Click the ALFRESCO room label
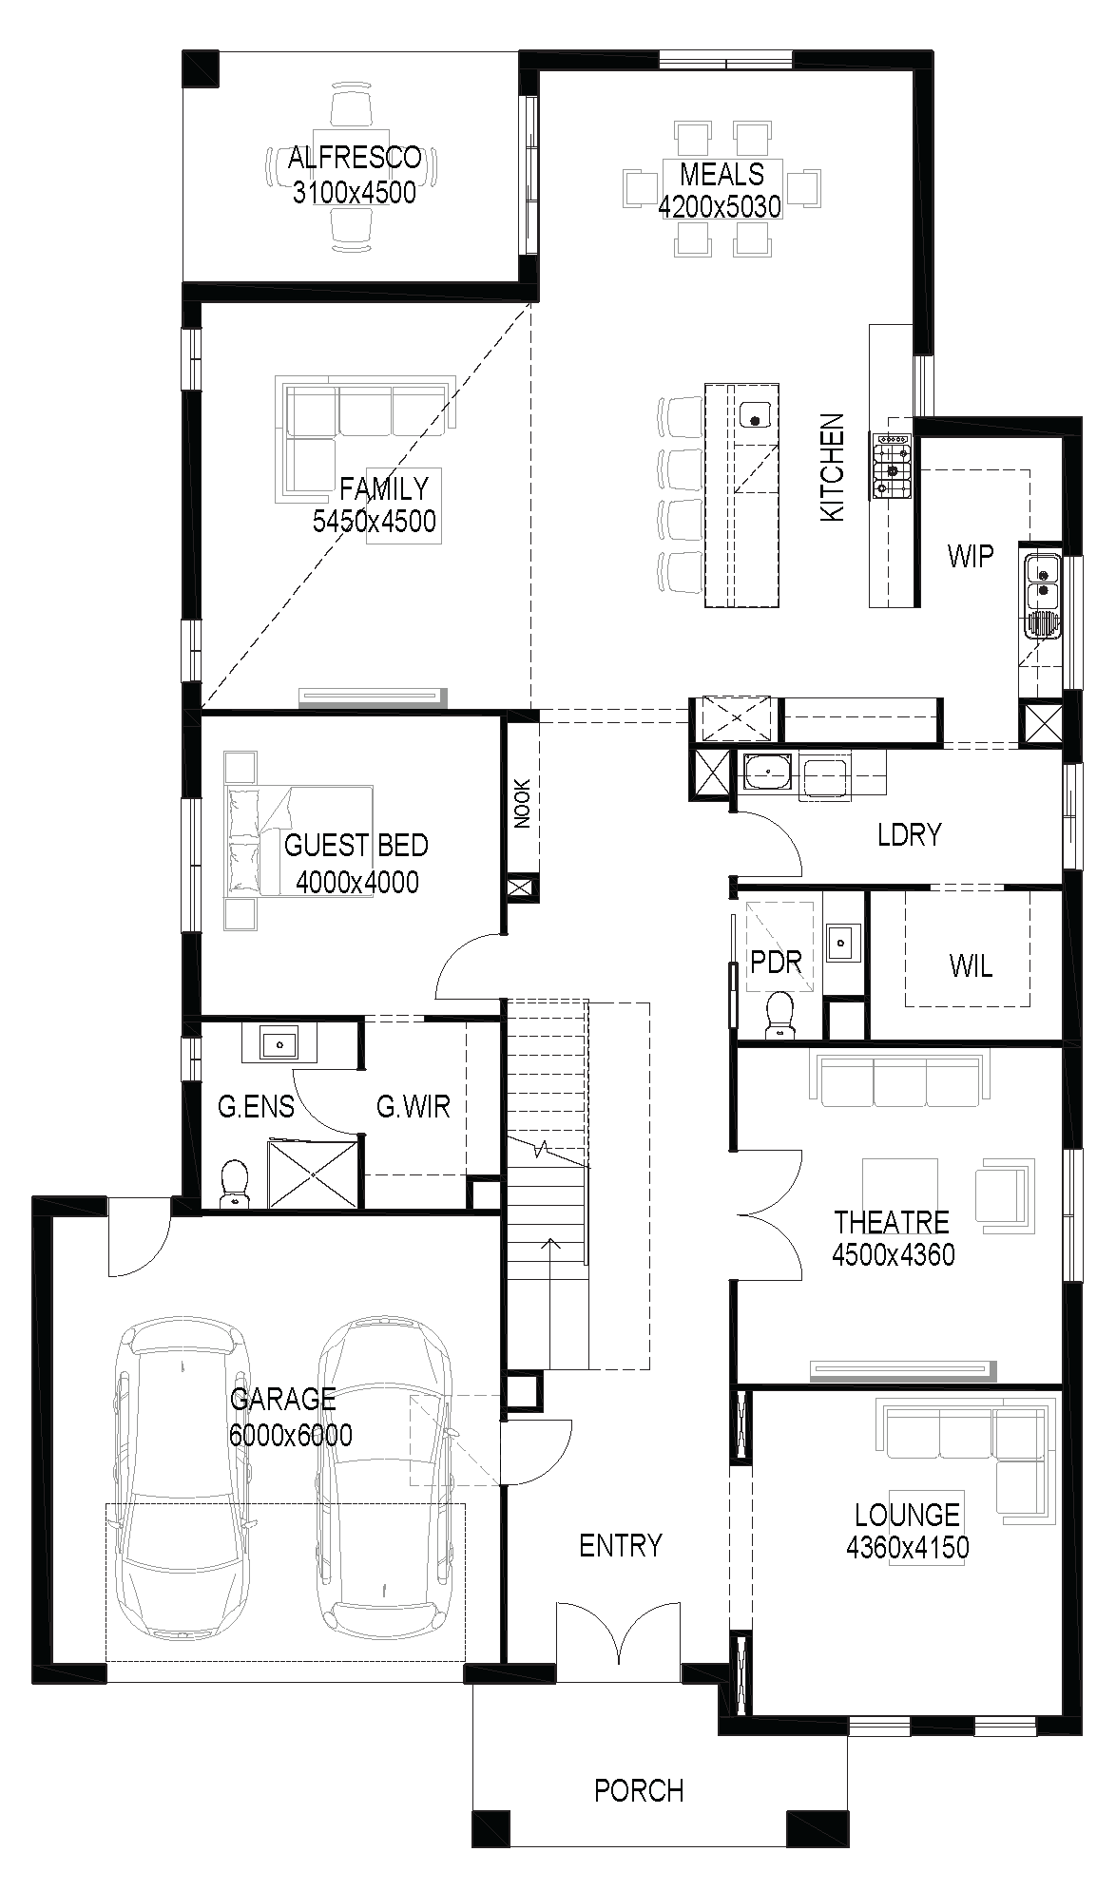coord(355,157)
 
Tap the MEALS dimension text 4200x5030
coord(720,206)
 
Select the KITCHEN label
coord(832,467)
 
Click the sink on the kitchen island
coord(755,415)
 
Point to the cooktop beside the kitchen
coord(892,466)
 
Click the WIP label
coord(970,556)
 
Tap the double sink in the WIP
coord(1042,583)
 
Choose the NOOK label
coord(522,804)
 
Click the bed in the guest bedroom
coord(298,840)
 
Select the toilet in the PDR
coord(780,1014)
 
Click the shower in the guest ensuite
coord(315,1174)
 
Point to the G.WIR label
coord(413,1106)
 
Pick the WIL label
coord(971,967)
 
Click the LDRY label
coord(909,835)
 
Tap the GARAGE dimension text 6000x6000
coord(290,1434)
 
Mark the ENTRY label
coord(620,1546)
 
